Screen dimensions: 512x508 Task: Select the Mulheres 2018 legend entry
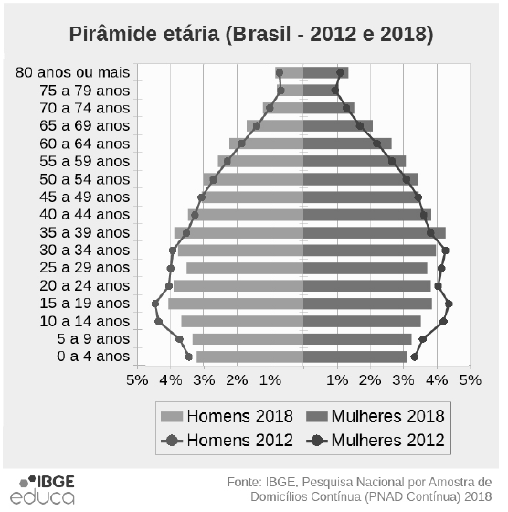374,415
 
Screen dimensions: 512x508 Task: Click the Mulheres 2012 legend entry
374,440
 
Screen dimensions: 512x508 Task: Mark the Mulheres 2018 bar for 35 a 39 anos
374,232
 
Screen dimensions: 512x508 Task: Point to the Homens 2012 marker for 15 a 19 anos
155,304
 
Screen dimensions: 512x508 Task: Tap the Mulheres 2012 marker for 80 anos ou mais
341,72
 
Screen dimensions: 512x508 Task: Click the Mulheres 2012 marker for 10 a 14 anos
443,321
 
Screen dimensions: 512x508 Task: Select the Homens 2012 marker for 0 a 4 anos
188,357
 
